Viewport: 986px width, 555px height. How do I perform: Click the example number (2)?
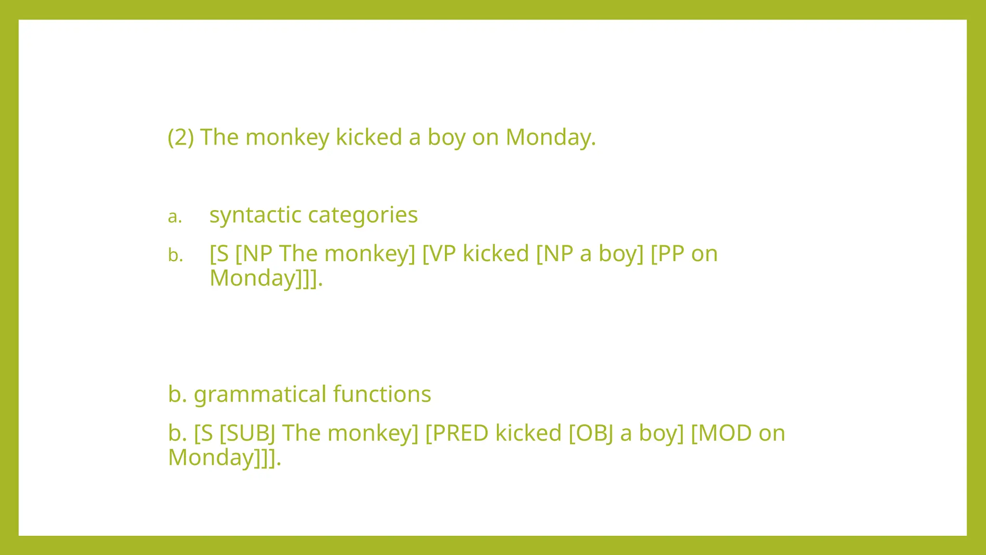click(x=181, y=137)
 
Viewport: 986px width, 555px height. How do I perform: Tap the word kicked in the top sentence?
click(x=369, y=137)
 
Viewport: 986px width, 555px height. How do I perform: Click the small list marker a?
click(x=175, y=217)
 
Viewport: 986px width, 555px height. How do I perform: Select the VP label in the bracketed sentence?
click(x=442, y=254)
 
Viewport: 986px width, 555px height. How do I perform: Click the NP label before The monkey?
click(x=258, y=254)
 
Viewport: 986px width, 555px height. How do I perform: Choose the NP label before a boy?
click(x=558, y=254)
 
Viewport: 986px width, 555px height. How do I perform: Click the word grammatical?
click(x=260, y=395)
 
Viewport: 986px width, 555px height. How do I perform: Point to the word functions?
click(x=382, y=394)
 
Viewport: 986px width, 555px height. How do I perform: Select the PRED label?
click(x=460, y=433)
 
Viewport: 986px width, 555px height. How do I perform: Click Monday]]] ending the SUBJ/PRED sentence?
click(x=223, y=457)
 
